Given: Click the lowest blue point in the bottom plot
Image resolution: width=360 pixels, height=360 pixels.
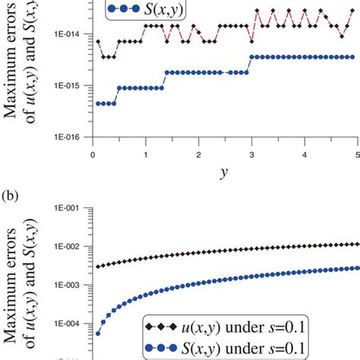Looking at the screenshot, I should pyautogui.click(x=98, y=333).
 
